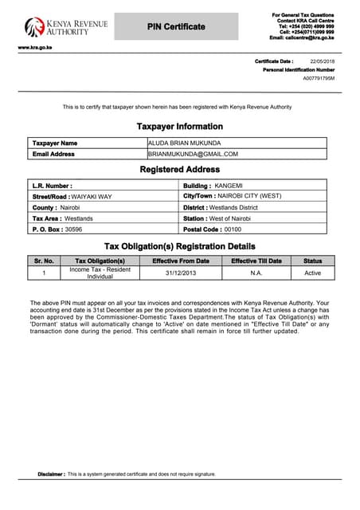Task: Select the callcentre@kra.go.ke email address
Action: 302,37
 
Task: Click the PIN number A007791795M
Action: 319,79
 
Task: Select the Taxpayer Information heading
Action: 180,127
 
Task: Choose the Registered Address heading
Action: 180,170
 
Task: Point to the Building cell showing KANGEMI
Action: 253,185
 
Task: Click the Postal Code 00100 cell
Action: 253,229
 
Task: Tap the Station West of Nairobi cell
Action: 253,218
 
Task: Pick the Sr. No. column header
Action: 45,261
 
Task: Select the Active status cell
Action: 312,273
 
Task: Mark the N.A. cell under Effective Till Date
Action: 256,273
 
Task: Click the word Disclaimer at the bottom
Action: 51,474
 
